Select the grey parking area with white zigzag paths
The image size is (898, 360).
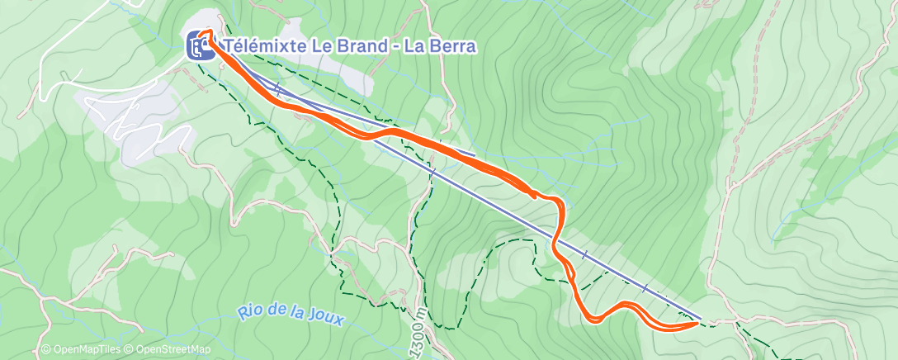pos(140,124)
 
